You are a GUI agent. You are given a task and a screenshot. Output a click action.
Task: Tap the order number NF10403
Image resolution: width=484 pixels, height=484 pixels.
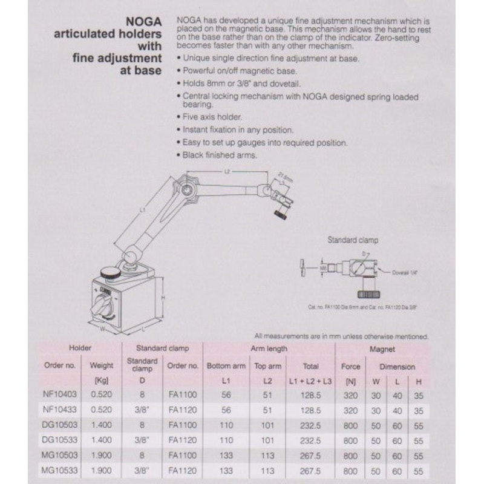coord(59,394)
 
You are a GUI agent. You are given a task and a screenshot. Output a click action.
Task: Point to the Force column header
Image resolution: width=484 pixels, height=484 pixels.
coord(350,367)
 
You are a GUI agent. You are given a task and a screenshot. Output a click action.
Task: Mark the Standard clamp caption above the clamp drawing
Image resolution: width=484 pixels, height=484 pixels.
coord(353,240)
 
